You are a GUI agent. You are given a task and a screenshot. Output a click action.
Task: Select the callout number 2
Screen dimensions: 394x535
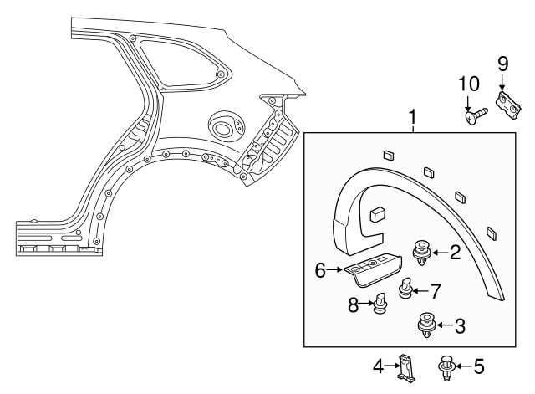pos(456,252)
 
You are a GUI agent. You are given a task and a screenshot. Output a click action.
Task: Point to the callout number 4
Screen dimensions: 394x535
pos(379,366)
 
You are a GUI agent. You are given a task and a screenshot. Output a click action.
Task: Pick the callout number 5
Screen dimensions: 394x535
pos(479,366)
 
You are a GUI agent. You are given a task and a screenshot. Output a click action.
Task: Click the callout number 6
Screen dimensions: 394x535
pos(318,269)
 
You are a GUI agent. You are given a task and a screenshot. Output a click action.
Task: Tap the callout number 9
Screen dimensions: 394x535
pos(502,64)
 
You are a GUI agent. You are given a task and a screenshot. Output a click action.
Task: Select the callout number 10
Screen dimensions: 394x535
pos(471,84)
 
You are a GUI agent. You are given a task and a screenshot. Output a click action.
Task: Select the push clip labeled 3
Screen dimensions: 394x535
pos(425,324)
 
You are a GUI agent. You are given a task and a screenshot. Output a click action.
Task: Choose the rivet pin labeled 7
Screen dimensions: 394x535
pos(405,289)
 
